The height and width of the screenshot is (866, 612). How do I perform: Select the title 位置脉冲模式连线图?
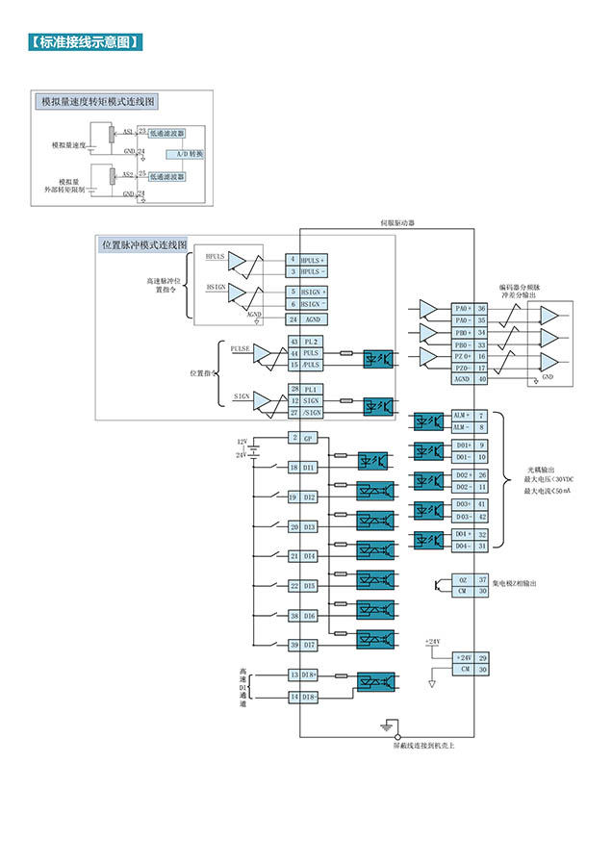(x=144, y=245)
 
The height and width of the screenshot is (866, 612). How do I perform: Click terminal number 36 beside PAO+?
(x=482, y=309)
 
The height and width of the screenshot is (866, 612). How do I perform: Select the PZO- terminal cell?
(x=463, y=368)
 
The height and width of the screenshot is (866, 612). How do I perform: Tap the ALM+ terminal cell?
(x=463, y=415)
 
